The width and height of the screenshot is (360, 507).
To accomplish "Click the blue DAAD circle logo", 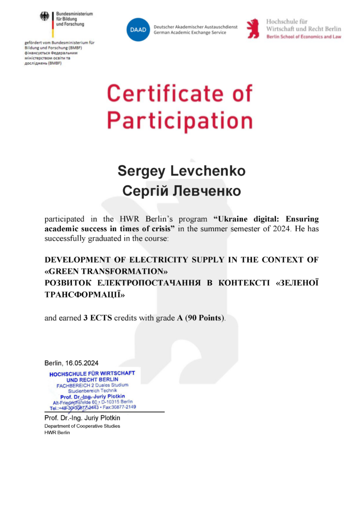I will pos(137,29).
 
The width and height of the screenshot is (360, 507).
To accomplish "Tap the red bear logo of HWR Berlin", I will pos(254,29).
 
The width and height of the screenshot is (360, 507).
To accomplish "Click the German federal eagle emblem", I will pos(46,18).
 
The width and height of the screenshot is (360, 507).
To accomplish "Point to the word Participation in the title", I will pos(180,120).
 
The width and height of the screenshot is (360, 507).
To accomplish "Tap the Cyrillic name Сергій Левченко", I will pos(181,191).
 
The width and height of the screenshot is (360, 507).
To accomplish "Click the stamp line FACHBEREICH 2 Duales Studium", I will pos(93,385).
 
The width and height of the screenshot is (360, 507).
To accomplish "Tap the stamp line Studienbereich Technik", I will pos(93,391).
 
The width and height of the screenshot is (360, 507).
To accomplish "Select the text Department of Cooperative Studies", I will pos(82,426).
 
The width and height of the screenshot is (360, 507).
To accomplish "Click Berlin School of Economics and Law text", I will pos(303,37).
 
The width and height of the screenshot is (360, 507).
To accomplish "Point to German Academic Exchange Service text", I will pos(190,33).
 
